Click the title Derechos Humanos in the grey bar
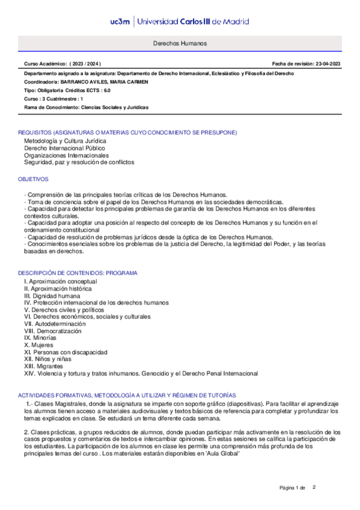[179, 44]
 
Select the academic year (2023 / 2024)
[85, 63]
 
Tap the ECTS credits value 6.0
[106, 90]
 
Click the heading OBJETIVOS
[33, 179]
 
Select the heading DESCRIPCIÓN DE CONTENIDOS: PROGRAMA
[78, 273]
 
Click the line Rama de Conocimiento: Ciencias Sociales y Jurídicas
[86, 107]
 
